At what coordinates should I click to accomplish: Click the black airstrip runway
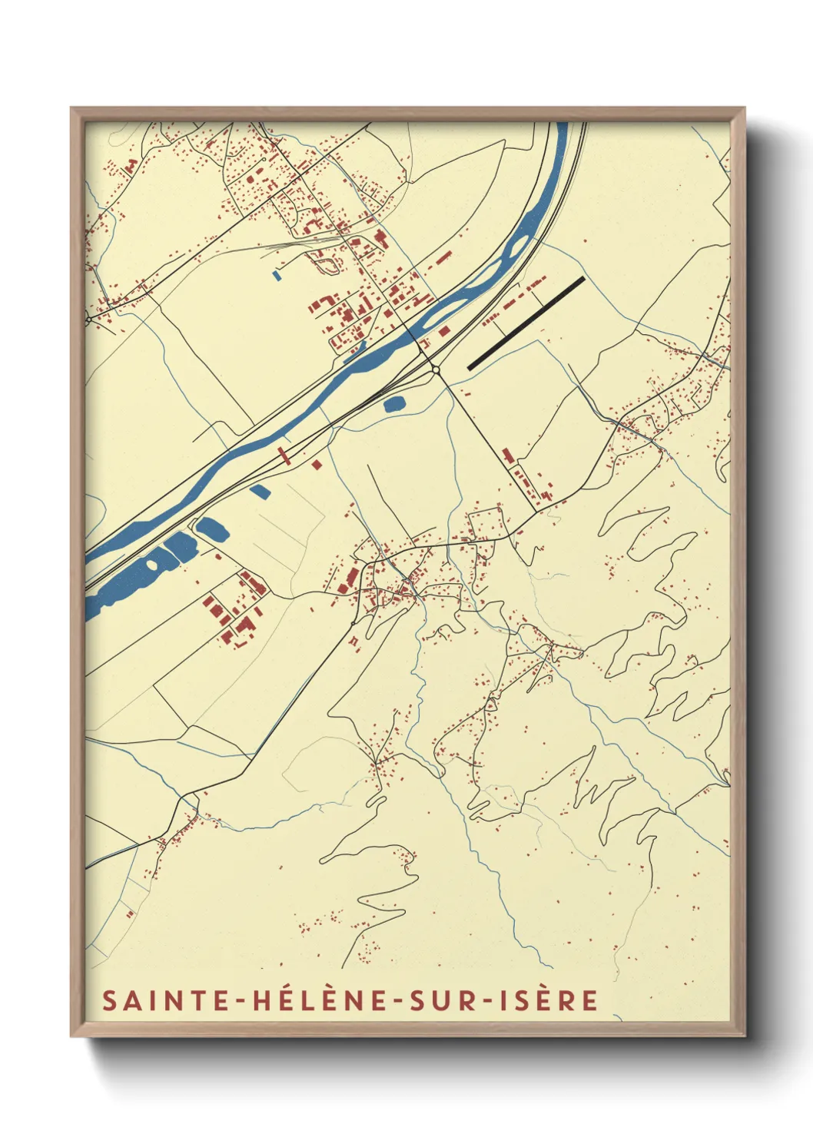[x=526, y=323]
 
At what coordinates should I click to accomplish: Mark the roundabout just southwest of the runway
[x=436, y=370]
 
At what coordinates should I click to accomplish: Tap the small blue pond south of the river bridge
[x=394, y=403]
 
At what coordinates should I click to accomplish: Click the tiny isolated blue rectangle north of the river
[x=277, y=272]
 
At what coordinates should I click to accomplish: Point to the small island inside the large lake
[x=152, y=565]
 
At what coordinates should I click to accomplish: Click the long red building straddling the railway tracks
[x=284, y=456]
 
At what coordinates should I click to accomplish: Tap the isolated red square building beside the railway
[x=316, y=464]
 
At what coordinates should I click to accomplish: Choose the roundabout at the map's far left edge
[x=88, y=318]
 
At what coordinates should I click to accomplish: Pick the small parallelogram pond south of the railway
[x=260, y=489]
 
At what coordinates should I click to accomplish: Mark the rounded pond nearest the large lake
[x=211, y=529]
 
